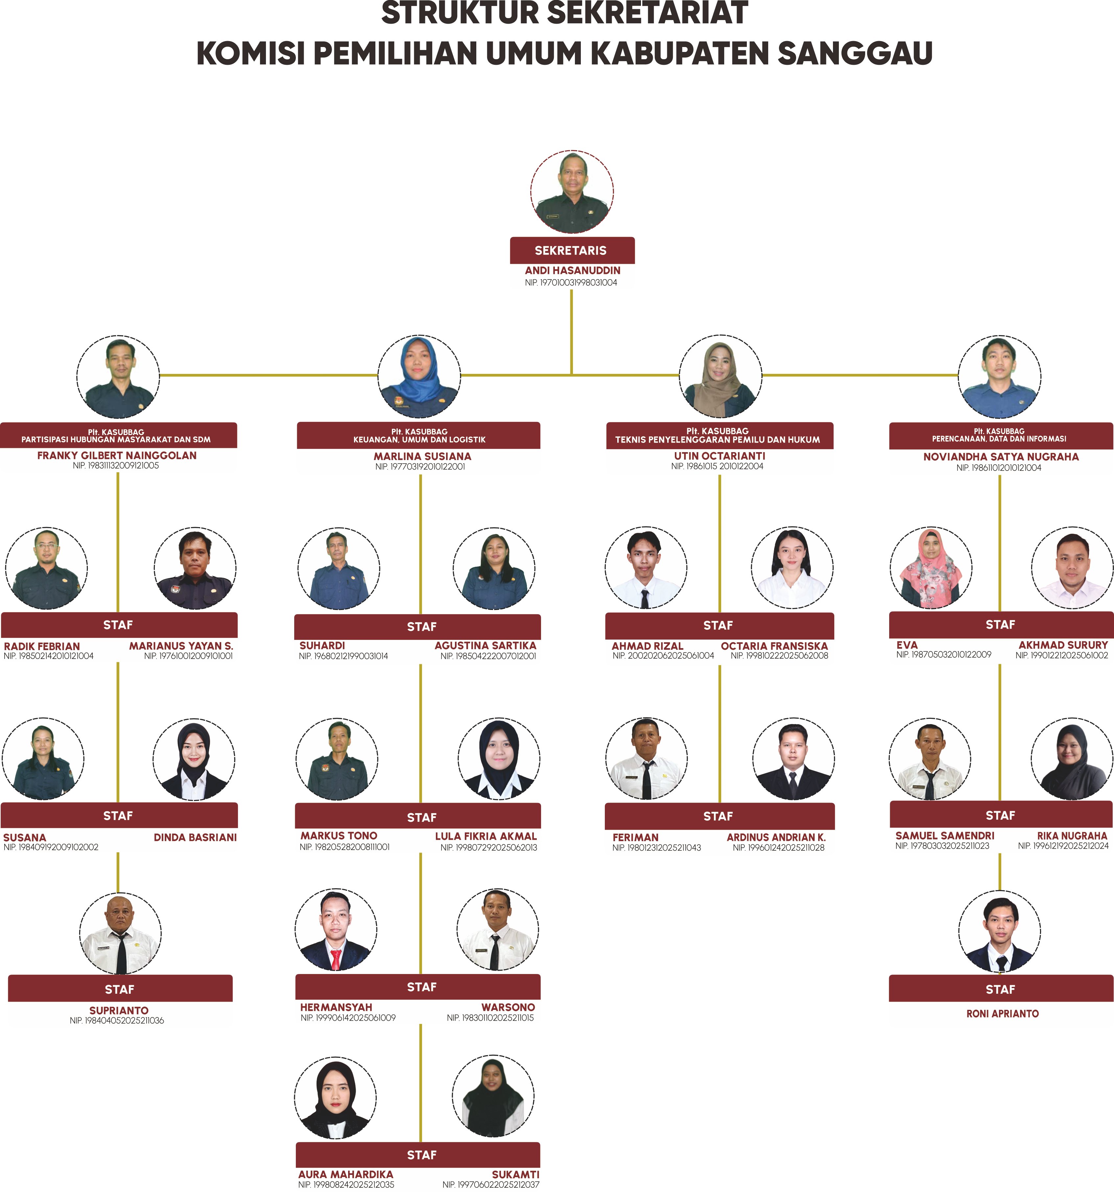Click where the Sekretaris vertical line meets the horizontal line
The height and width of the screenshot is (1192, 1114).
pyautogui.click(x=572, y=375)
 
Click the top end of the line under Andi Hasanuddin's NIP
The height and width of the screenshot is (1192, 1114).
pyautogui.click(x=572, y=290)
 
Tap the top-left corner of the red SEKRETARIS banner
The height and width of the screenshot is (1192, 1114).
pyautogui.click(x=510, y=237)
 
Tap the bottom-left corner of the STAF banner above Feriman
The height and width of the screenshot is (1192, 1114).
pyautogui.click(x=605, y=829)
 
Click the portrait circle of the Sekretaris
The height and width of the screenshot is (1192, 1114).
pyautogui.click(x=572, y=192)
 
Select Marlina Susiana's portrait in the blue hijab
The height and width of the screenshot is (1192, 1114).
pyautogui.click(x=419, y=377)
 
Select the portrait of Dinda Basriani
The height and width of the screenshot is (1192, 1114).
pyautogui.click(x=194, y=759)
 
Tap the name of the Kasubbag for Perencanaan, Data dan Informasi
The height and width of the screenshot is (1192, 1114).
pyautogui.click(x=1001, y=457)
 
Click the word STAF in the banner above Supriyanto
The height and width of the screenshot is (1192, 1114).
pyautogui.click(x=119, y=989)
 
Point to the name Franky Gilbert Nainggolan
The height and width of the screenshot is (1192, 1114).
pyautogui.click(x=117, y=456)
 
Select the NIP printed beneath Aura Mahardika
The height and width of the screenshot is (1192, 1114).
pyautogui.click(x=346, y=1185)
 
